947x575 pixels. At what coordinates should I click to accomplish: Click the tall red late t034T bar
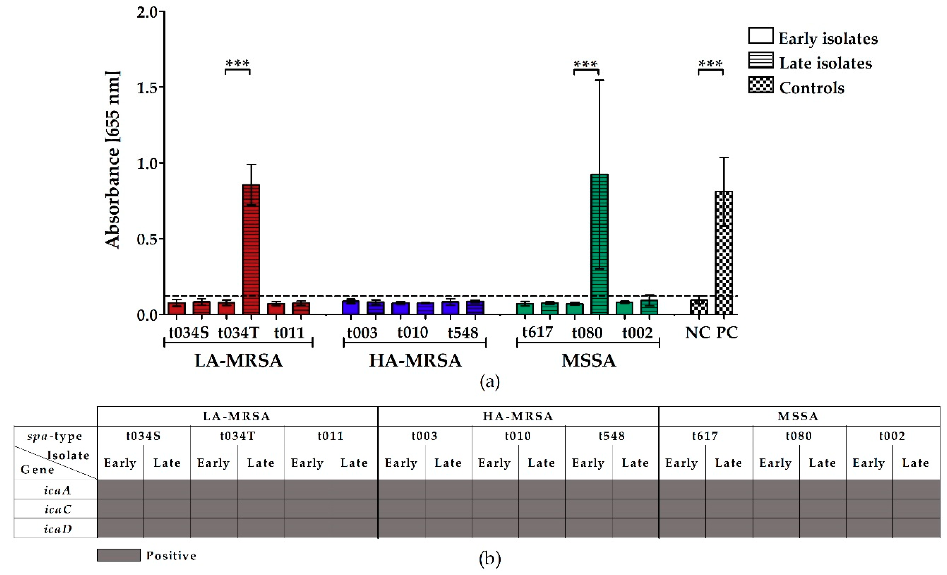coord(251,250)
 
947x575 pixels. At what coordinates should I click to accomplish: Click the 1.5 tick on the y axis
coord(148,87)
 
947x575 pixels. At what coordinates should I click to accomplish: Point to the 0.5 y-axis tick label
coord(148,239)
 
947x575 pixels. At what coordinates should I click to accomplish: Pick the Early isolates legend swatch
coord(761,36)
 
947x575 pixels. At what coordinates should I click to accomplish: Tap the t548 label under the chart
coord(463,332)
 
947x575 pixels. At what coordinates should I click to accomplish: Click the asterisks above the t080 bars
coord(586,64)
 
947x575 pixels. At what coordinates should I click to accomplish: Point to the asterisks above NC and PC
coord(710,63)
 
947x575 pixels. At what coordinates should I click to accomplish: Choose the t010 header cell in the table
coord(518,436)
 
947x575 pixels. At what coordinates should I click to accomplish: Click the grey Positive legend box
coord(118,555)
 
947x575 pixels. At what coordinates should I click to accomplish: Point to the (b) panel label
coord(490,559)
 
